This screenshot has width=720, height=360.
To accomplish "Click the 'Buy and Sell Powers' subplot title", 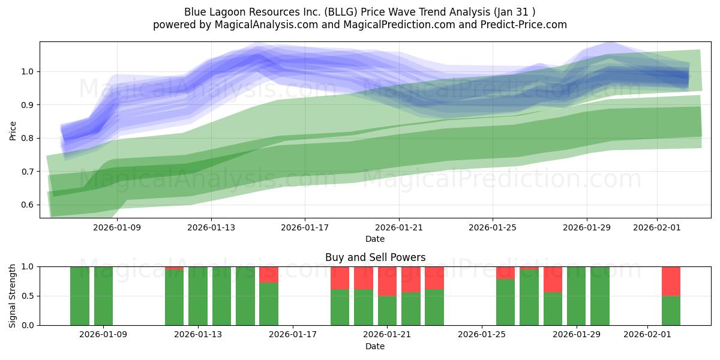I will click(x=375, y=257).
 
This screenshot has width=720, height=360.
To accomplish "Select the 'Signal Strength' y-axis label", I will click(x=13, y=296).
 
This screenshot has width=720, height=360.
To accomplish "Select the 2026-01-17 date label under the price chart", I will click(x=305, y=227).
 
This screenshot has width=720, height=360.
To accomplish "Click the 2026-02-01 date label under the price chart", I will click(x=657, y=227).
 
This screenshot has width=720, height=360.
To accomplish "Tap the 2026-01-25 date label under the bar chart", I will click(x=482, y=335).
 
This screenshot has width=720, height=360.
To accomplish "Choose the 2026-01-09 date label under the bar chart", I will click(x=103, y=335).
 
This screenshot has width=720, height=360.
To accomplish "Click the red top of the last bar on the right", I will click(x=671, y=281).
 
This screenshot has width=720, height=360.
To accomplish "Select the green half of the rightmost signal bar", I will click(x=671, y=310).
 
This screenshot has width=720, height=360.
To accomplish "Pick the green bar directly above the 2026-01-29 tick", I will click(x=576, y=296).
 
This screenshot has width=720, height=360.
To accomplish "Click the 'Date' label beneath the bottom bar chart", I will click(x=375, y=346).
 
